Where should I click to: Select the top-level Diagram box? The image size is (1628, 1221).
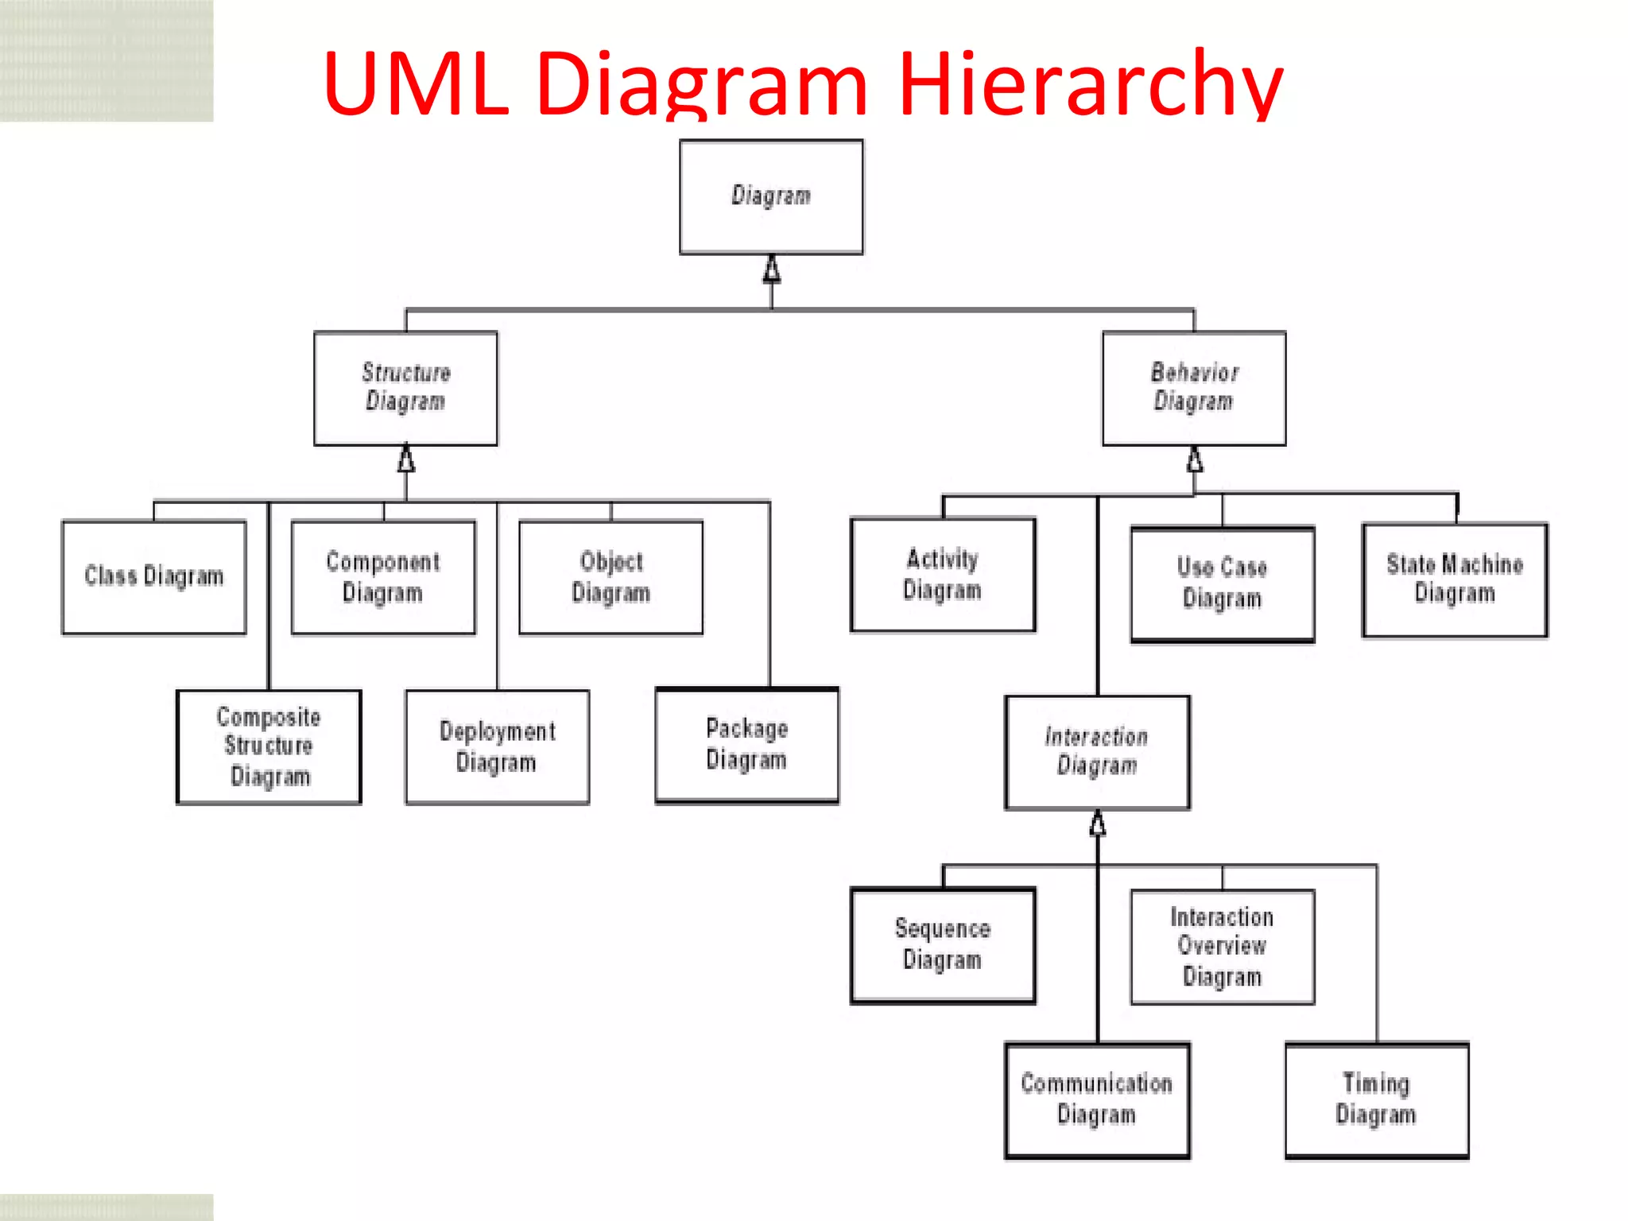click(x=771, y=197)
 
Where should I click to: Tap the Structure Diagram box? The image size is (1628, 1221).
click(x=405, y=388)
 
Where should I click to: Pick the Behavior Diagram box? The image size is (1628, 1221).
click(x=1194, y=388)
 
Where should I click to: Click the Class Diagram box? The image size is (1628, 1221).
click(x=154, y=577)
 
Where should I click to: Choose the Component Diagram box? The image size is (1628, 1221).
click(x=383, y=577)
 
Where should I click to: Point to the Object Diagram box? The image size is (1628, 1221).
click(x=610, y=577)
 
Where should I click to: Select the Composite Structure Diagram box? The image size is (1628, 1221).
click(x=269, y=746)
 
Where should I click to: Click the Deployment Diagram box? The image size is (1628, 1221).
click(x=497, y=746)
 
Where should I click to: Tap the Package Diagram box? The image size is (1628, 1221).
click(x=746, y=745)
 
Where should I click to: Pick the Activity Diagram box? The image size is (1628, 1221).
click(x=943, y=575)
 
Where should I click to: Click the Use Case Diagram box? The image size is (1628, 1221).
click(x=1222, y=583)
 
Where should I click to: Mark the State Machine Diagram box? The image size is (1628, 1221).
click(x=1455, y=579)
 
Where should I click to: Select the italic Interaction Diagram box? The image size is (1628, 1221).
click(x=1097, y=752)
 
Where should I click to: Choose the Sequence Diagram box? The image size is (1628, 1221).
click(x=943, y=945)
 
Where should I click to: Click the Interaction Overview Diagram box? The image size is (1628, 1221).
click(x=1222, y=947)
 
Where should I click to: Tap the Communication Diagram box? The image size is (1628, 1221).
click(x=1097, y=1100)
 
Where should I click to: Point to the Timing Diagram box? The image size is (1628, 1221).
click(x=1376, y=1100)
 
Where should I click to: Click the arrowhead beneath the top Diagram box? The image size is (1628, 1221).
click(x=771, y=270)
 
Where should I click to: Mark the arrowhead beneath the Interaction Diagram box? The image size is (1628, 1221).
click(x=1097, y=824)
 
